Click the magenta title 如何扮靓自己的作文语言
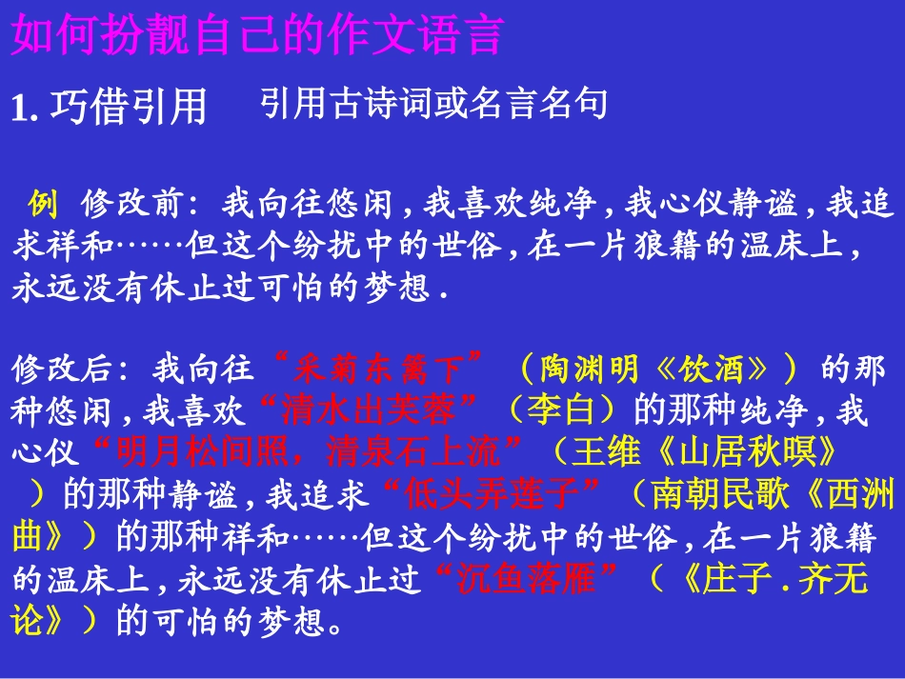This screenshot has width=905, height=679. (x=256, y=37)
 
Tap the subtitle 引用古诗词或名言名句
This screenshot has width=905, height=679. (x=433, y=104)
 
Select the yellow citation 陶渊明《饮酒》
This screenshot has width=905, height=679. (x=657, y=368)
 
